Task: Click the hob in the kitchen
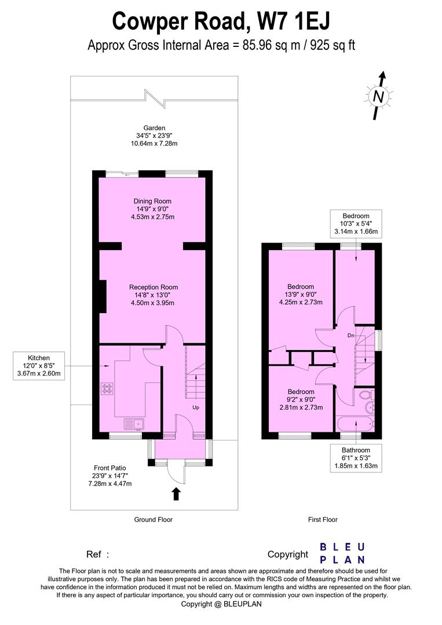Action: coord(107,389)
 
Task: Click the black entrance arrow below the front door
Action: coord(176,494)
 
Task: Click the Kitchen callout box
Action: coord(39,366)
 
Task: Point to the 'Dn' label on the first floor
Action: coord(351,335)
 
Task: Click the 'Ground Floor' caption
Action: coord(154,520)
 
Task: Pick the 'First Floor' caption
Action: coord(323,520)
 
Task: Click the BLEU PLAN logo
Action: coord(343,553)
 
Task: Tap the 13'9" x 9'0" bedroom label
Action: coord(301,294)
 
